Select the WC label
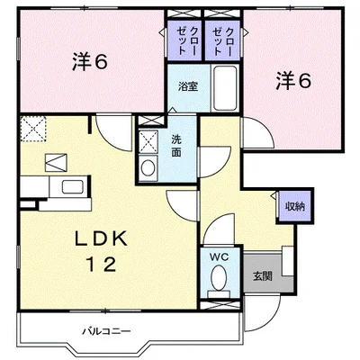point(217,256)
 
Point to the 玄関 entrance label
point(262,275)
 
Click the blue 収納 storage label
point(295,206)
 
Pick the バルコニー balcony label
point(103,331)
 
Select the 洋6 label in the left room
point(90,62)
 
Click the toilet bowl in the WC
point(217,282)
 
